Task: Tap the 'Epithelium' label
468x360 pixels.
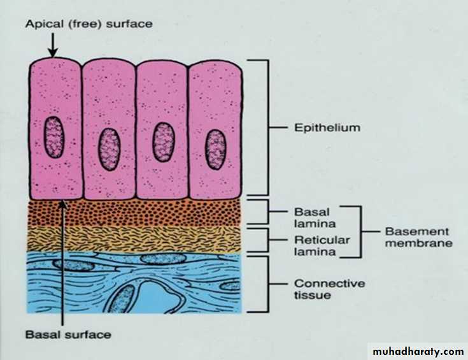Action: pos(327,127)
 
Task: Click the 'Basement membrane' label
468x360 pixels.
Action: pos(417,237)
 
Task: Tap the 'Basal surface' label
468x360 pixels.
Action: pos(69,334)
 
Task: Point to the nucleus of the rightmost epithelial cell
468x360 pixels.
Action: pos(216,149)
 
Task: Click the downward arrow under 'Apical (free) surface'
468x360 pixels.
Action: pos(53,44)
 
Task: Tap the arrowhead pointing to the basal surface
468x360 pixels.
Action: pos(62,205)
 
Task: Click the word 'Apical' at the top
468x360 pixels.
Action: pos(42,24)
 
